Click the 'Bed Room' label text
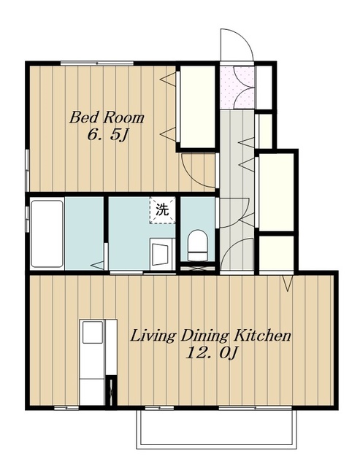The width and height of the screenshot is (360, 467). [x=107, y=117]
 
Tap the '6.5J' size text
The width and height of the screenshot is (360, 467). [x=107, y=135]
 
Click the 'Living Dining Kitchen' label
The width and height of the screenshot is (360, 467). [x=210, y=336]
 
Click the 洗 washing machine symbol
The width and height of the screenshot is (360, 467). [x=162, y=210]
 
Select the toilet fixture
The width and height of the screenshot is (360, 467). [x=197, y=246]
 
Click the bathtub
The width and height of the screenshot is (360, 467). [x=47, y=233]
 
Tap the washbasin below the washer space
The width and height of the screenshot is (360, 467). [x=162, y=254]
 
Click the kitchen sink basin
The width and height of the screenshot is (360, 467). [x=93, y=332]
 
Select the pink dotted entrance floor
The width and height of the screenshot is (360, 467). [x=237, y=88]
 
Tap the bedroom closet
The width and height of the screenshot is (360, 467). [x=198, y=107]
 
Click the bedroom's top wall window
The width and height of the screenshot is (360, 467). [x=97, y=63]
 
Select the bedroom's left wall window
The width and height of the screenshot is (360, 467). [x=27, y=170]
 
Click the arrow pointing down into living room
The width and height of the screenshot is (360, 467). [x=287, y=283]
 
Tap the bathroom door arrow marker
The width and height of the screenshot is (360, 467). [x=97, y=265]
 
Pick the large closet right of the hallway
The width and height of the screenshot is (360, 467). [x=276, y=192]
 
